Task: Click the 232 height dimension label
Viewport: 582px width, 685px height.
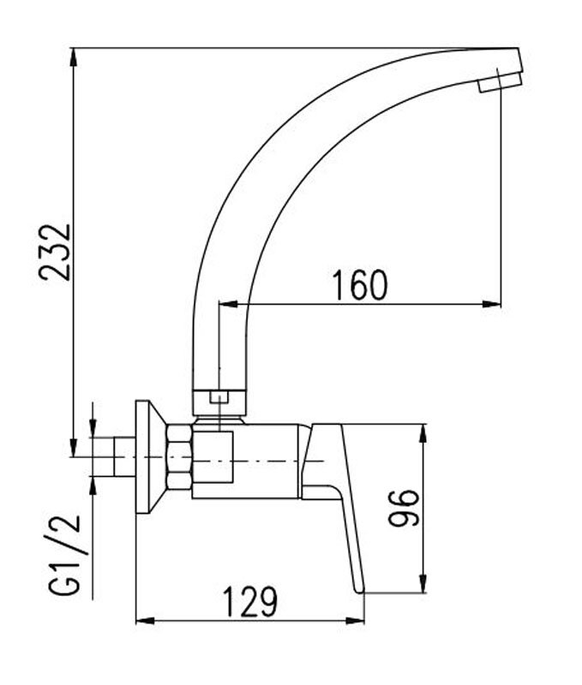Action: click(55, 252)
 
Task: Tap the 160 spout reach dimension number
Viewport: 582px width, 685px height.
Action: click(360, 285)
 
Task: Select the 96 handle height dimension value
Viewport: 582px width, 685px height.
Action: click(404, 508)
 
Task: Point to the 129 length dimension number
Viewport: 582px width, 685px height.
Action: click(250, 602)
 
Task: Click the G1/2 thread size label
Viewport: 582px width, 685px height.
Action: click(64, 554)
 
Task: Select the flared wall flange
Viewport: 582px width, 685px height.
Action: click(151, 456)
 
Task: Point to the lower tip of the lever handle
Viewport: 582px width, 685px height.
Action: click(360, 591)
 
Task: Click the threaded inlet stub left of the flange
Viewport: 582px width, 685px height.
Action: click(124, 456)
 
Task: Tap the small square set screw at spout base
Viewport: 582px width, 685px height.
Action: click(219, 397)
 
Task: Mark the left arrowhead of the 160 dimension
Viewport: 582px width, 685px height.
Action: click(228, 304)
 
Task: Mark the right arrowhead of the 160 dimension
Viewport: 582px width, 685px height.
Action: click(492, 304)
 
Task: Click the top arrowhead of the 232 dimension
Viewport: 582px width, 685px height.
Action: click(75, 57)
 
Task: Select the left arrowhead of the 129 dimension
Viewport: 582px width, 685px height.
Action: click(146, 620)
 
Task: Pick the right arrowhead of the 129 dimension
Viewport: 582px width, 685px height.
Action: click(355, 620)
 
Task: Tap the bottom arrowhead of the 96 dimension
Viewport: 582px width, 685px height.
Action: click(423, 583)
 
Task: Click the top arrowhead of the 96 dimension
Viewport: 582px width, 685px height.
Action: click(423, 434)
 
